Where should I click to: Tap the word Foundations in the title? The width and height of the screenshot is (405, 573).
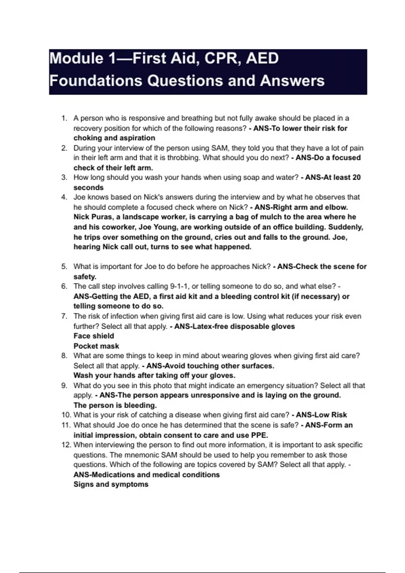(96, 81)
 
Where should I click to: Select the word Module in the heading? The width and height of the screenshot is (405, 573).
(76, 58)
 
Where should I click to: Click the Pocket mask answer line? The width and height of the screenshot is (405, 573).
(96, 346)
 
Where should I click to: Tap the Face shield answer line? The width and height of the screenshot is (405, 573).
(94, 336)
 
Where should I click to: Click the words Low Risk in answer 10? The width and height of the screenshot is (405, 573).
(321, 415)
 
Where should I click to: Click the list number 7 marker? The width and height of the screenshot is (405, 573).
(64, 316)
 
